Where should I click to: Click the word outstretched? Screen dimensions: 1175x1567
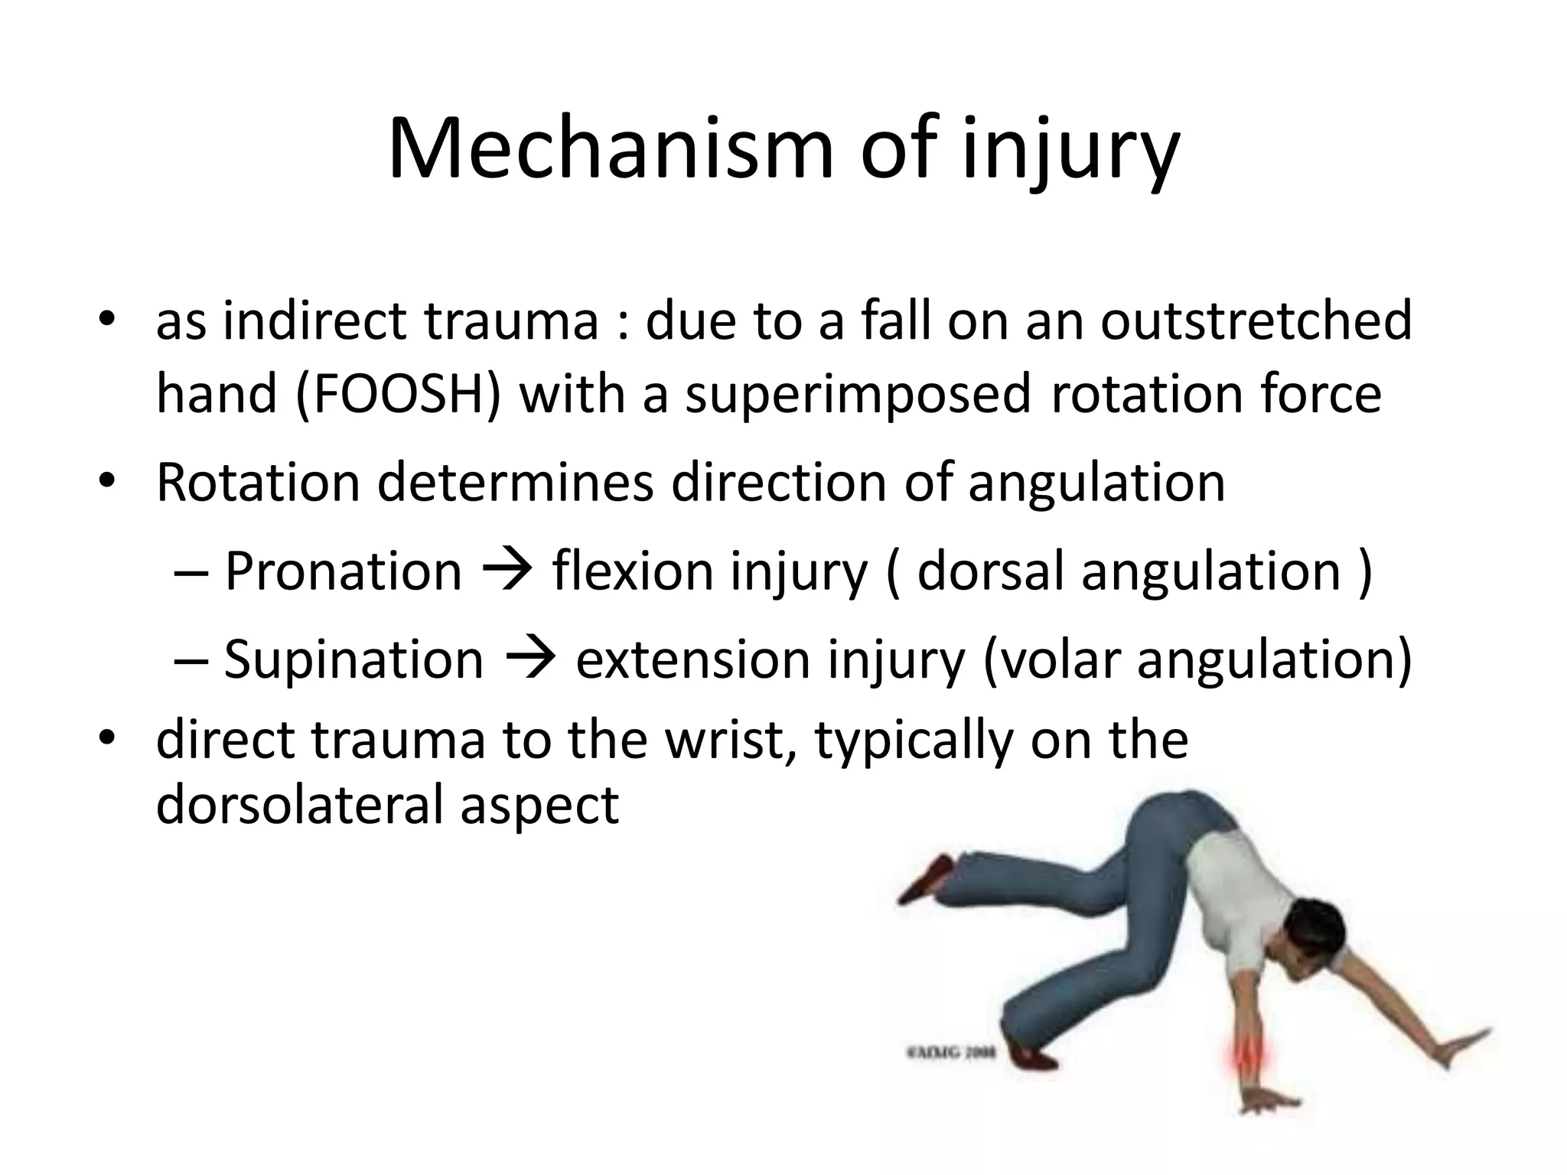pos(1256,321)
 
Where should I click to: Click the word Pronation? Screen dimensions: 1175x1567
pos(344,571)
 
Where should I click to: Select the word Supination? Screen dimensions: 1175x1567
pos(353,659)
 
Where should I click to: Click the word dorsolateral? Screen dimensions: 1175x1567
pos(299,805)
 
